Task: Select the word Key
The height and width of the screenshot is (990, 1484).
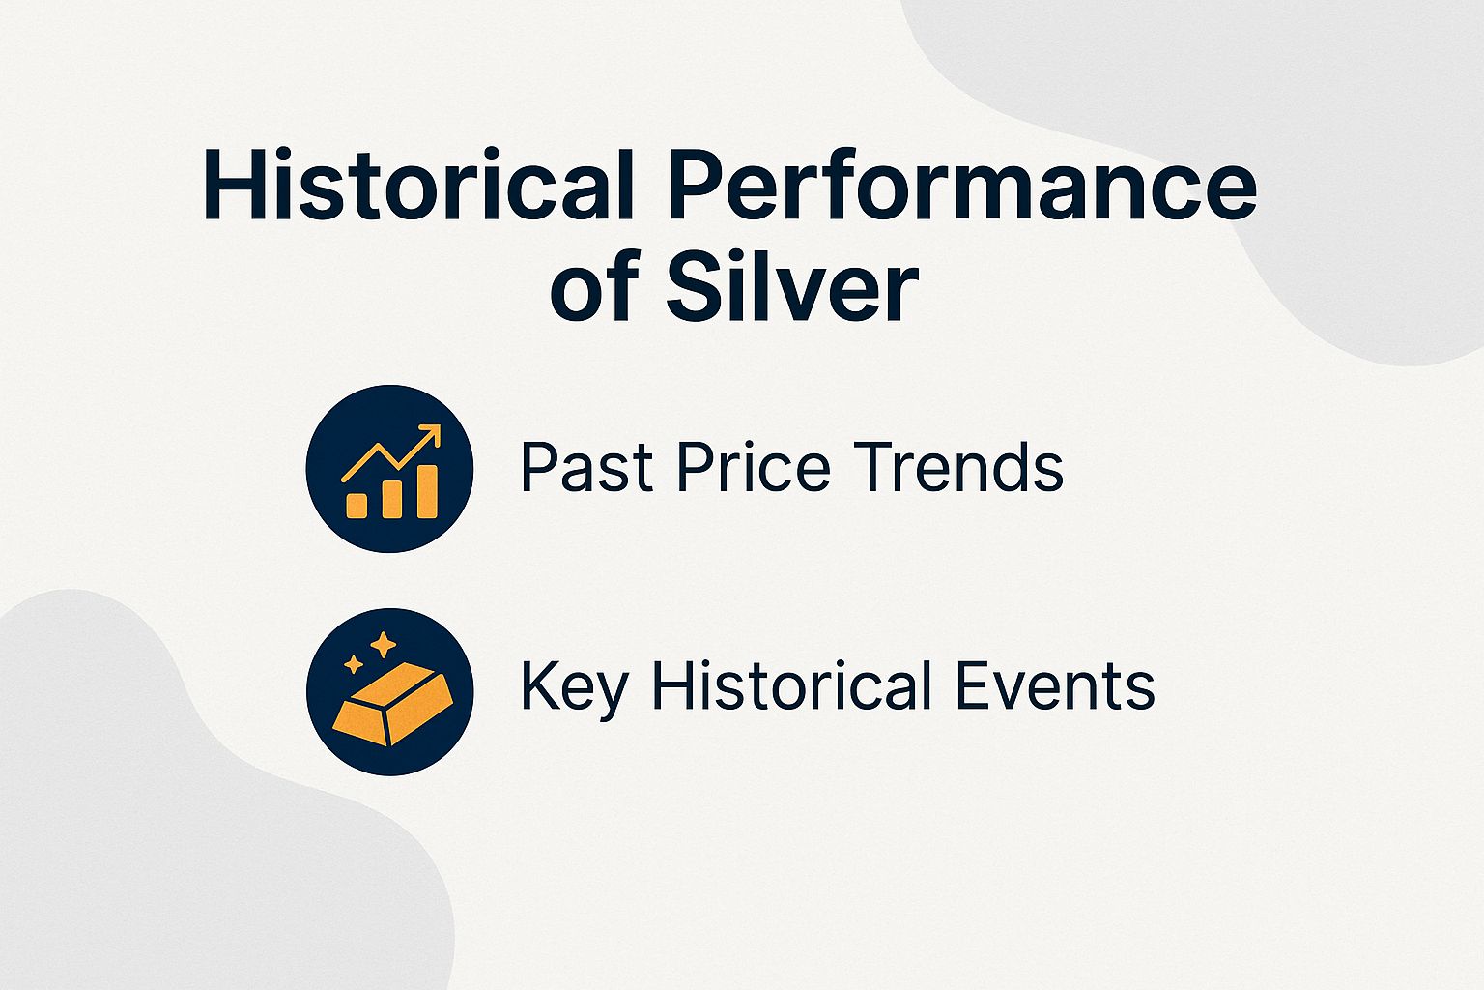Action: coord(574,687)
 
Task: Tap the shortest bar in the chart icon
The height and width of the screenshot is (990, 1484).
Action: coord(357,505)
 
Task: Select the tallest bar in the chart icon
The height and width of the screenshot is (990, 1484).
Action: coord(426,491)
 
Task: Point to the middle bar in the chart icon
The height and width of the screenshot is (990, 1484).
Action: coord(391,498)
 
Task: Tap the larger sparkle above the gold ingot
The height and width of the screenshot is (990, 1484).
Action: coord(384,645)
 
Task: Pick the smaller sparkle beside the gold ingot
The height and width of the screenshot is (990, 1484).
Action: coord(354,663)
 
